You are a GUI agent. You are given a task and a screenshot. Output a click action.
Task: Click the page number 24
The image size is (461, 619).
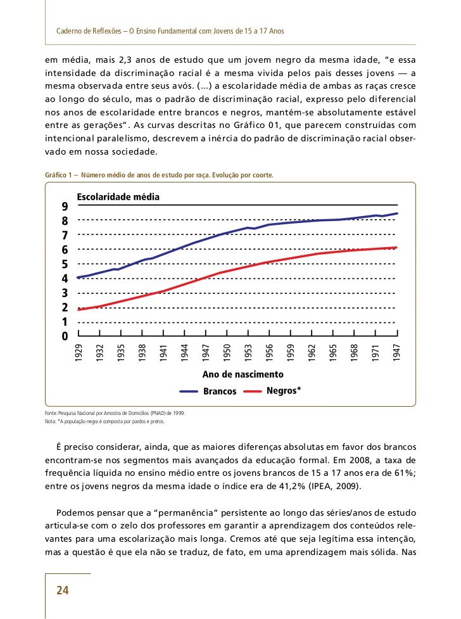coord(62,590)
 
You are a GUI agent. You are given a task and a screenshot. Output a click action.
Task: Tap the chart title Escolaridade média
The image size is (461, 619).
coord(118,197)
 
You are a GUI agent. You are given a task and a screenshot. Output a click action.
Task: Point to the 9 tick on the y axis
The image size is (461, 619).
coord(65,207)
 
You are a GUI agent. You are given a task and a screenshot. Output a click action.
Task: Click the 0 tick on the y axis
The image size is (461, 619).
coord(65,336)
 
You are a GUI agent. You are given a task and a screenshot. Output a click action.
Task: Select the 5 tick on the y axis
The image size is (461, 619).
coord(65,264)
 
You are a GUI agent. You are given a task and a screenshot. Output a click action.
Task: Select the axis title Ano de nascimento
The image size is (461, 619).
coord(234,375)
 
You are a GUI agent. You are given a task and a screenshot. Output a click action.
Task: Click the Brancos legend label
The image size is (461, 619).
coord(220,392)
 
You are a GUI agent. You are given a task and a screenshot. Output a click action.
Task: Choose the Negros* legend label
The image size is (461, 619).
coord(284,391)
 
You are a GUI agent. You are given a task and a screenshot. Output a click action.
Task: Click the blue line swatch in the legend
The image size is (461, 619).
coord(189,392)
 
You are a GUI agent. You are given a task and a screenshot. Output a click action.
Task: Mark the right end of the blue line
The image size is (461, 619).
coord(397,214)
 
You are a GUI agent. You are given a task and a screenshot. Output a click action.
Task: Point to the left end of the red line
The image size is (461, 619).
coord(79,309)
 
